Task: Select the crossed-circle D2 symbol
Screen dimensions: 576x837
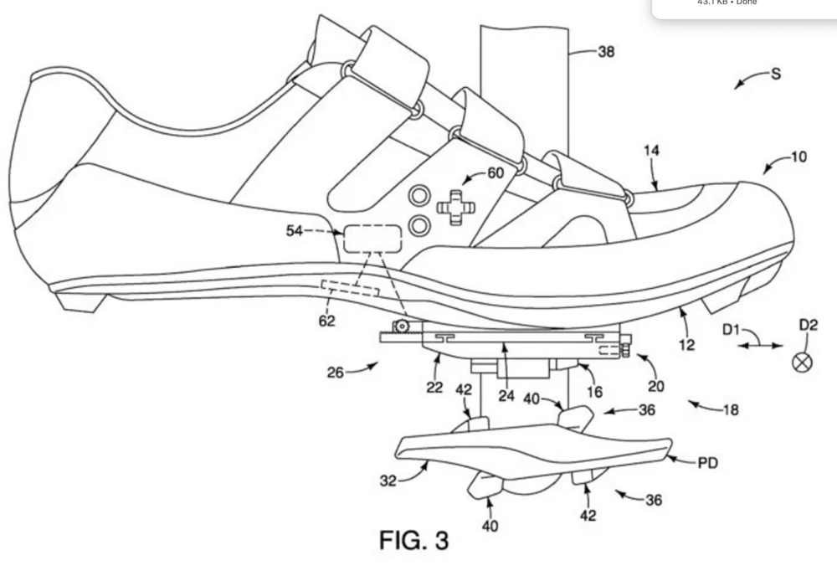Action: coord(802,362)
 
